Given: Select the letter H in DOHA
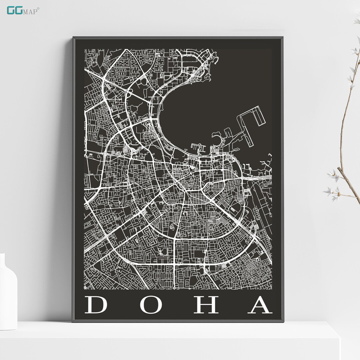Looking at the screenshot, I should (206, 305).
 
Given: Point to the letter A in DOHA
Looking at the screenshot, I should (260, 305).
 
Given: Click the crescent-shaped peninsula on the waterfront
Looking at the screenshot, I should (218, 142).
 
